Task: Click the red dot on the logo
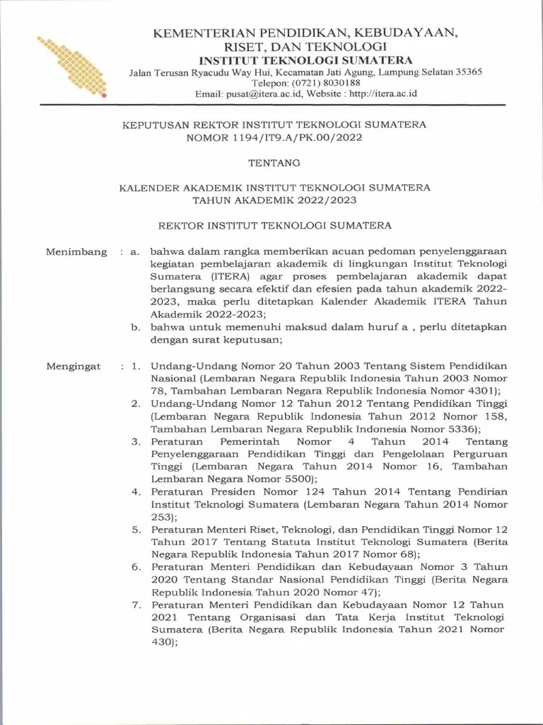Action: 104,93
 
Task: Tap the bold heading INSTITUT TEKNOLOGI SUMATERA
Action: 305,59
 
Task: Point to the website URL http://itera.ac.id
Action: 383,93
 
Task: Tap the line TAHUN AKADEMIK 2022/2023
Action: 274,200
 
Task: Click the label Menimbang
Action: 76,251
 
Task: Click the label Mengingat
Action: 74,366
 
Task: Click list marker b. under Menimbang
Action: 136,327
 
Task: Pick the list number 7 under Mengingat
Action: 136,605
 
